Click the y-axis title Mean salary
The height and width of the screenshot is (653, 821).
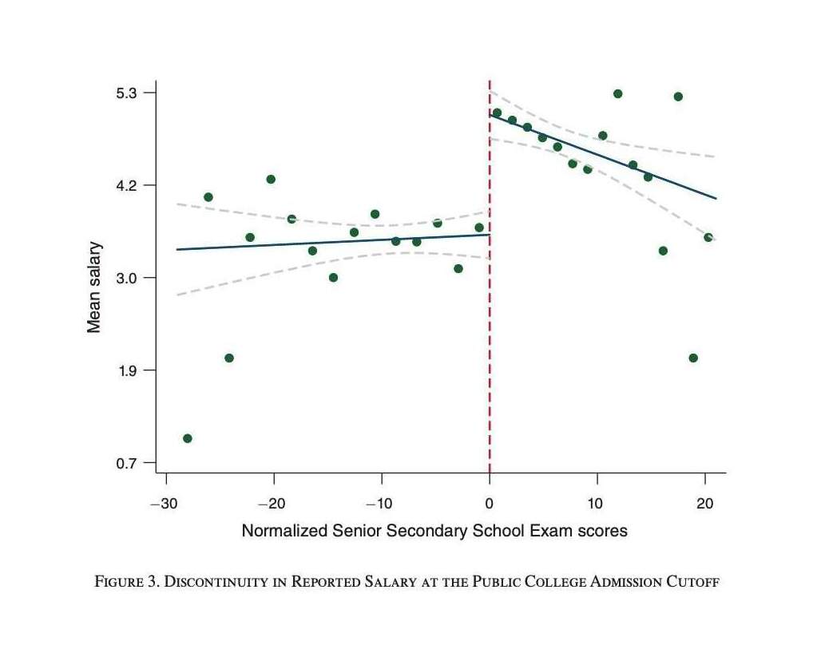[x=94, y=286]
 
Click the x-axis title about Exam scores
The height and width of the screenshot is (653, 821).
[x=434, y=531]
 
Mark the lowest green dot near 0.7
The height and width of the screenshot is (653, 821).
[x=188, y=438]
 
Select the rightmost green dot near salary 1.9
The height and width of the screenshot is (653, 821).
[x=693, y=358]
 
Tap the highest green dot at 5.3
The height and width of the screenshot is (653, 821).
[x=617, y=93]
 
